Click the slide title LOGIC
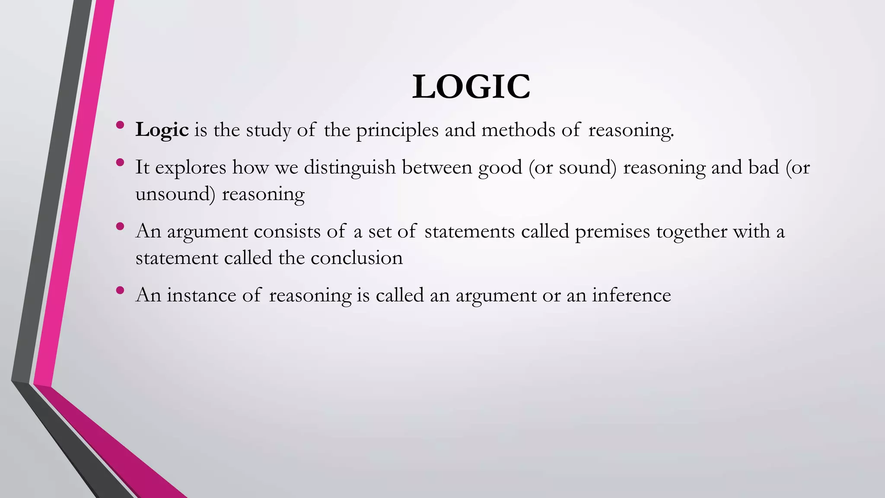[471, 87]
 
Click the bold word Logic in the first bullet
[162, 130]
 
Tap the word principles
[397, 130]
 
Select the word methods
[518, 130]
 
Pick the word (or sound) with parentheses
[573, 167]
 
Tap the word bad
[764, 167]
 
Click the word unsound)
[175, 194]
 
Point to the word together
[691, 232]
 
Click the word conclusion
[357, 258]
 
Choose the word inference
[631, 295]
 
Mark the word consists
[287, 232]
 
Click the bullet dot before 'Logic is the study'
[120, 125]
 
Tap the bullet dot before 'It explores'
[120, 163]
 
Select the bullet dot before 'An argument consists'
[120, 227]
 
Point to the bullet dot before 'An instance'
[120, 290]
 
